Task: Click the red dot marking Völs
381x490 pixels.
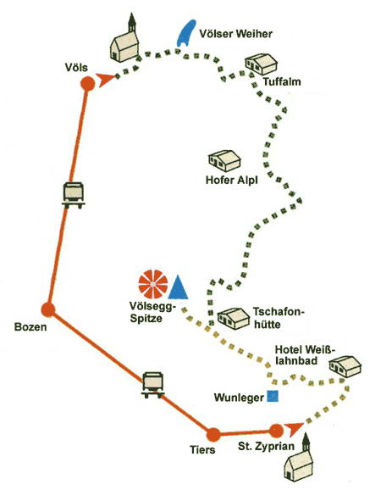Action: [88, 83]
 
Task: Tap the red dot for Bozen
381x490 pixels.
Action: [48, 309]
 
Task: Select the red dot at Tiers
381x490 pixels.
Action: [213, 435]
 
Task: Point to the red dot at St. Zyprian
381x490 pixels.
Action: [276, 431]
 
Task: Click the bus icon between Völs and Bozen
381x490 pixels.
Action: [74, 195]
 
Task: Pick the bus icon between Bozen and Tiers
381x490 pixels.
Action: [153, 385]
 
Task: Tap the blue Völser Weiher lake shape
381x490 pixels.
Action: [185, 33]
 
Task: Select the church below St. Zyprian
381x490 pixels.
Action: [298, 460]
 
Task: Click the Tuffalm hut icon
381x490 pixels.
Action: [261, 64]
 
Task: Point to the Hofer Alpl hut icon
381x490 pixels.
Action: [224, 160]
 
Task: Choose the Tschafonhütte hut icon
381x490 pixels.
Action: [234, 319]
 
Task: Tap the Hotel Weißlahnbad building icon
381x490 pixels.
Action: [345, 366]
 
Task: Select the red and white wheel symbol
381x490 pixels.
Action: [153, 284]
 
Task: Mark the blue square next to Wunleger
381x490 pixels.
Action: [273, 396]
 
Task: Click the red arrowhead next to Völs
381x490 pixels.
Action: [105, 80]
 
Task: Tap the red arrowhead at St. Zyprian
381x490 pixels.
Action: [294, 429]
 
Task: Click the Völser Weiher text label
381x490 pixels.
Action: [235, 34]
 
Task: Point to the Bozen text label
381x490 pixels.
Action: [30, 327]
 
